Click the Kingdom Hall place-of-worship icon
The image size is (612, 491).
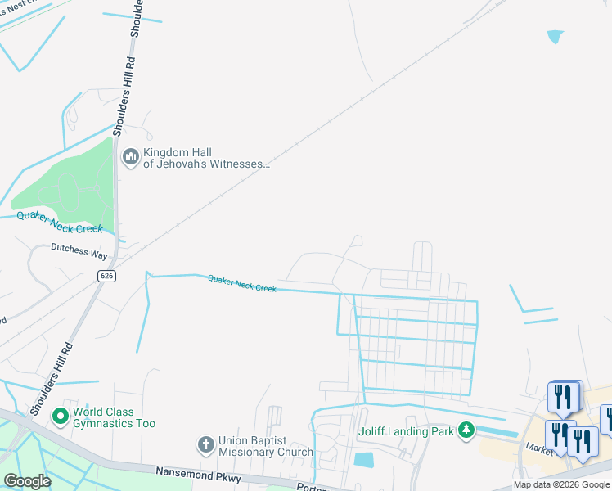[130, 156]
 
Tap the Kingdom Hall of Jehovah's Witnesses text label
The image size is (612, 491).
[206, 158]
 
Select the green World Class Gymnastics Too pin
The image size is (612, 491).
[60, 417]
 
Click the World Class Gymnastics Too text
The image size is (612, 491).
[114, 417]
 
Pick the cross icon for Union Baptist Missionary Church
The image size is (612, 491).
[205, 445]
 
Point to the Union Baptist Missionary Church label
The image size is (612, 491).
[266, 446]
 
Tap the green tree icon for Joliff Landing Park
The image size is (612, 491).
[466, 430]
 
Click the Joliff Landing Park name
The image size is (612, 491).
[406, 431]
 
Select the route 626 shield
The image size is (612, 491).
[108, 277]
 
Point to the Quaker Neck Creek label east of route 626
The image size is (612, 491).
[241, 283]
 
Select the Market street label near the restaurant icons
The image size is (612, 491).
[540, 448]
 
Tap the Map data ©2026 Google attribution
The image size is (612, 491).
[561, 485]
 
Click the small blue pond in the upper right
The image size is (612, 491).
[556, 37]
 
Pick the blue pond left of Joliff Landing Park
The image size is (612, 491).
[364, 460]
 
